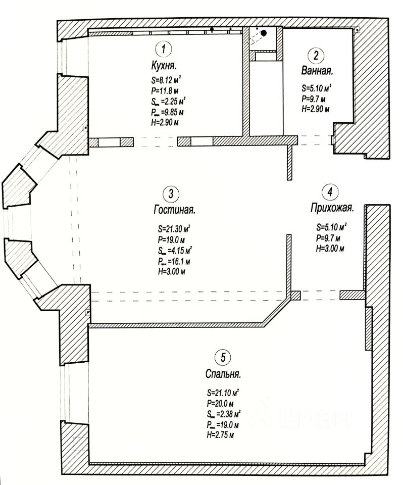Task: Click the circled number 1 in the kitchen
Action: coord(163,50)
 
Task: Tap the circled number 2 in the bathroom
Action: coord(316,56)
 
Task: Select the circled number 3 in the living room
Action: coord(171,193)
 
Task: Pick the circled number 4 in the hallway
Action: coord(329,192)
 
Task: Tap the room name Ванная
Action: coord(317,71)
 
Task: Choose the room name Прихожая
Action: coord(331,208)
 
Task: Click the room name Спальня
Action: coord(223,374)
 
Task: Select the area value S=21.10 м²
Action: coord(223,393)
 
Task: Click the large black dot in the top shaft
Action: coord(263,33)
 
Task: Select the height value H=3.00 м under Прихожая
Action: coord(329,249)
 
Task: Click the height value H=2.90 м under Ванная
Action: coord(315,109)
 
